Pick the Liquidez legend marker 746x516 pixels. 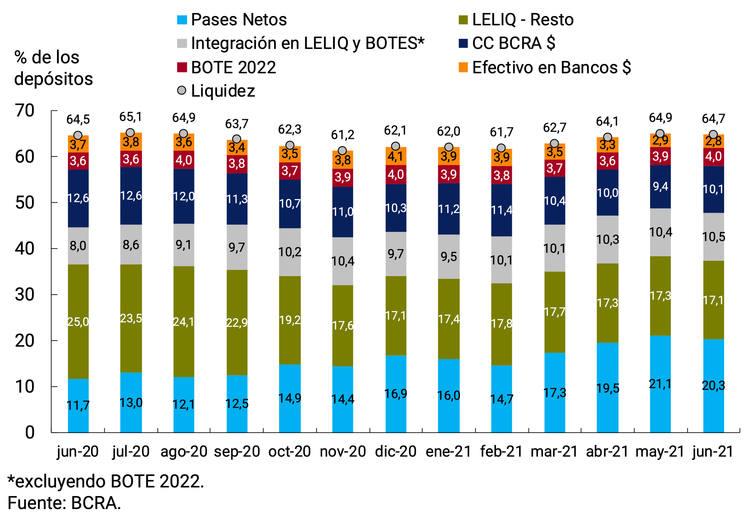[182, 90]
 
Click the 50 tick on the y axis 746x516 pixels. [25, 203]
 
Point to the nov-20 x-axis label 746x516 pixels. [343, 451]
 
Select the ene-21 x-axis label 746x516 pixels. [448, 451]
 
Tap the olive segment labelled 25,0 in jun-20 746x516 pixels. [78, 321]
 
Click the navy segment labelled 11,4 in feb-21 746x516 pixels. [501, 210]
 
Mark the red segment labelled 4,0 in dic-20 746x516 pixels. [396, 174]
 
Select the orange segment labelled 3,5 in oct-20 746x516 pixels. [290, 154]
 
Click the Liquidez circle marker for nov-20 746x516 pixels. [342, 151]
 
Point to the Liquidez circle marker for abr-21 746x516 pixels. [607, 137]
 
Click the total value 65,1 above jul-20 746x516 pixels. [130, 117]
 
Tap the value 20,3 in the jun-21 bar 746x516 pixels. [713, 385]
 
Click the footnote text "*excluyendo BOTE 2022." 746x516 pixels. [105, 481]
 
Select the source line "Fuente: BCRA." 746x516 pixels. [64, 503]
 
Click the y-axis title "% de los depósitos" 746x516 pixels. [53, 68]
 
